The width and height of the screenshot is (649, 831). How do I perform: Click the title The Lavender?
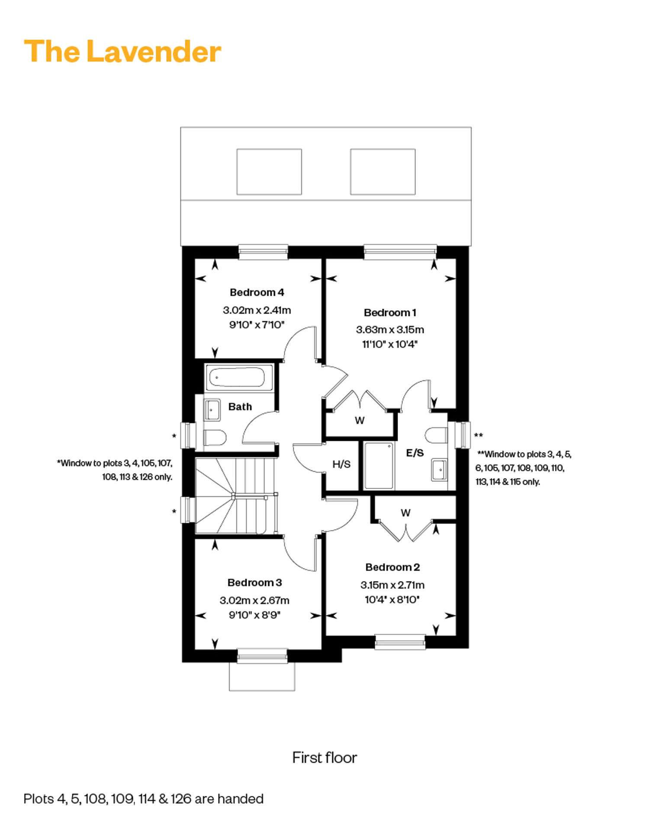coord(122,51)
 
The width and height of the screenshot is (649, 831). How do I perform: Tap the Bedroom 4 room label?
coord(257,292)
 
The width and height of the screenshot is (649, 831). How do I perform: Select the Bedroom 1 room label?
coord(390,313)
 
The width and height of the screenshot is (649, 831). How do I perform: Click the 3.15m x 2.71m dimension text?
coord(392,585)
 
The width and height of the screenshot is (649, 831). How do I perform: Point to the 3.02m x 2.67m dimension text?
coord(254,601)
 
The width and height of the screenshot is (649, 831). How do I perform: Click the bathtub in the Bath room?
coord(237,377)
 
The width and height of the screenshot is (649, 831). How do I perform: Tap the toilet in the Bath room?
coord(215,438)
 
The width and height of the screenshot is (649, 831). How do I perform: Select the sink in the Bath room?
coord(212,409)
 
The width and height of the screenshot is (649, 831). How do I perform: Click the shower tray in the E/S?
coord(379,465)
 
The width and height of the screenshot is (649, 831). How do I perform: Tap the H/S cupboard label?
coord(341,464)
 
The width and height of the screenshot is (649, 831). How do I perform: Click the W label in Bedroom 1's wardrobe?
coord(360,420)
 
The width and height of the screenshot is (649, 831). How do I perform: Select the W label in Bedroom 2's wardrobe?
coord(405,513)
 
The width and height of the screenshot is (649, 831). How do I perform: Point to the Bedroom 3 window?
coord(262,655)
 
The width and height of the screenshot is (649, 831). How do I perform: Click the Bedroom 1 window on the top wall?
coord(400,252)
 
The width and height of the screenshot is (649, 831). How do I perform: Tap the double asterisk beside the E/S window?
coord(478,435)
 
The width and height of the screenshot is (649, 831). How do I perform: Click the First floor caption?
coord(324,757)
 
